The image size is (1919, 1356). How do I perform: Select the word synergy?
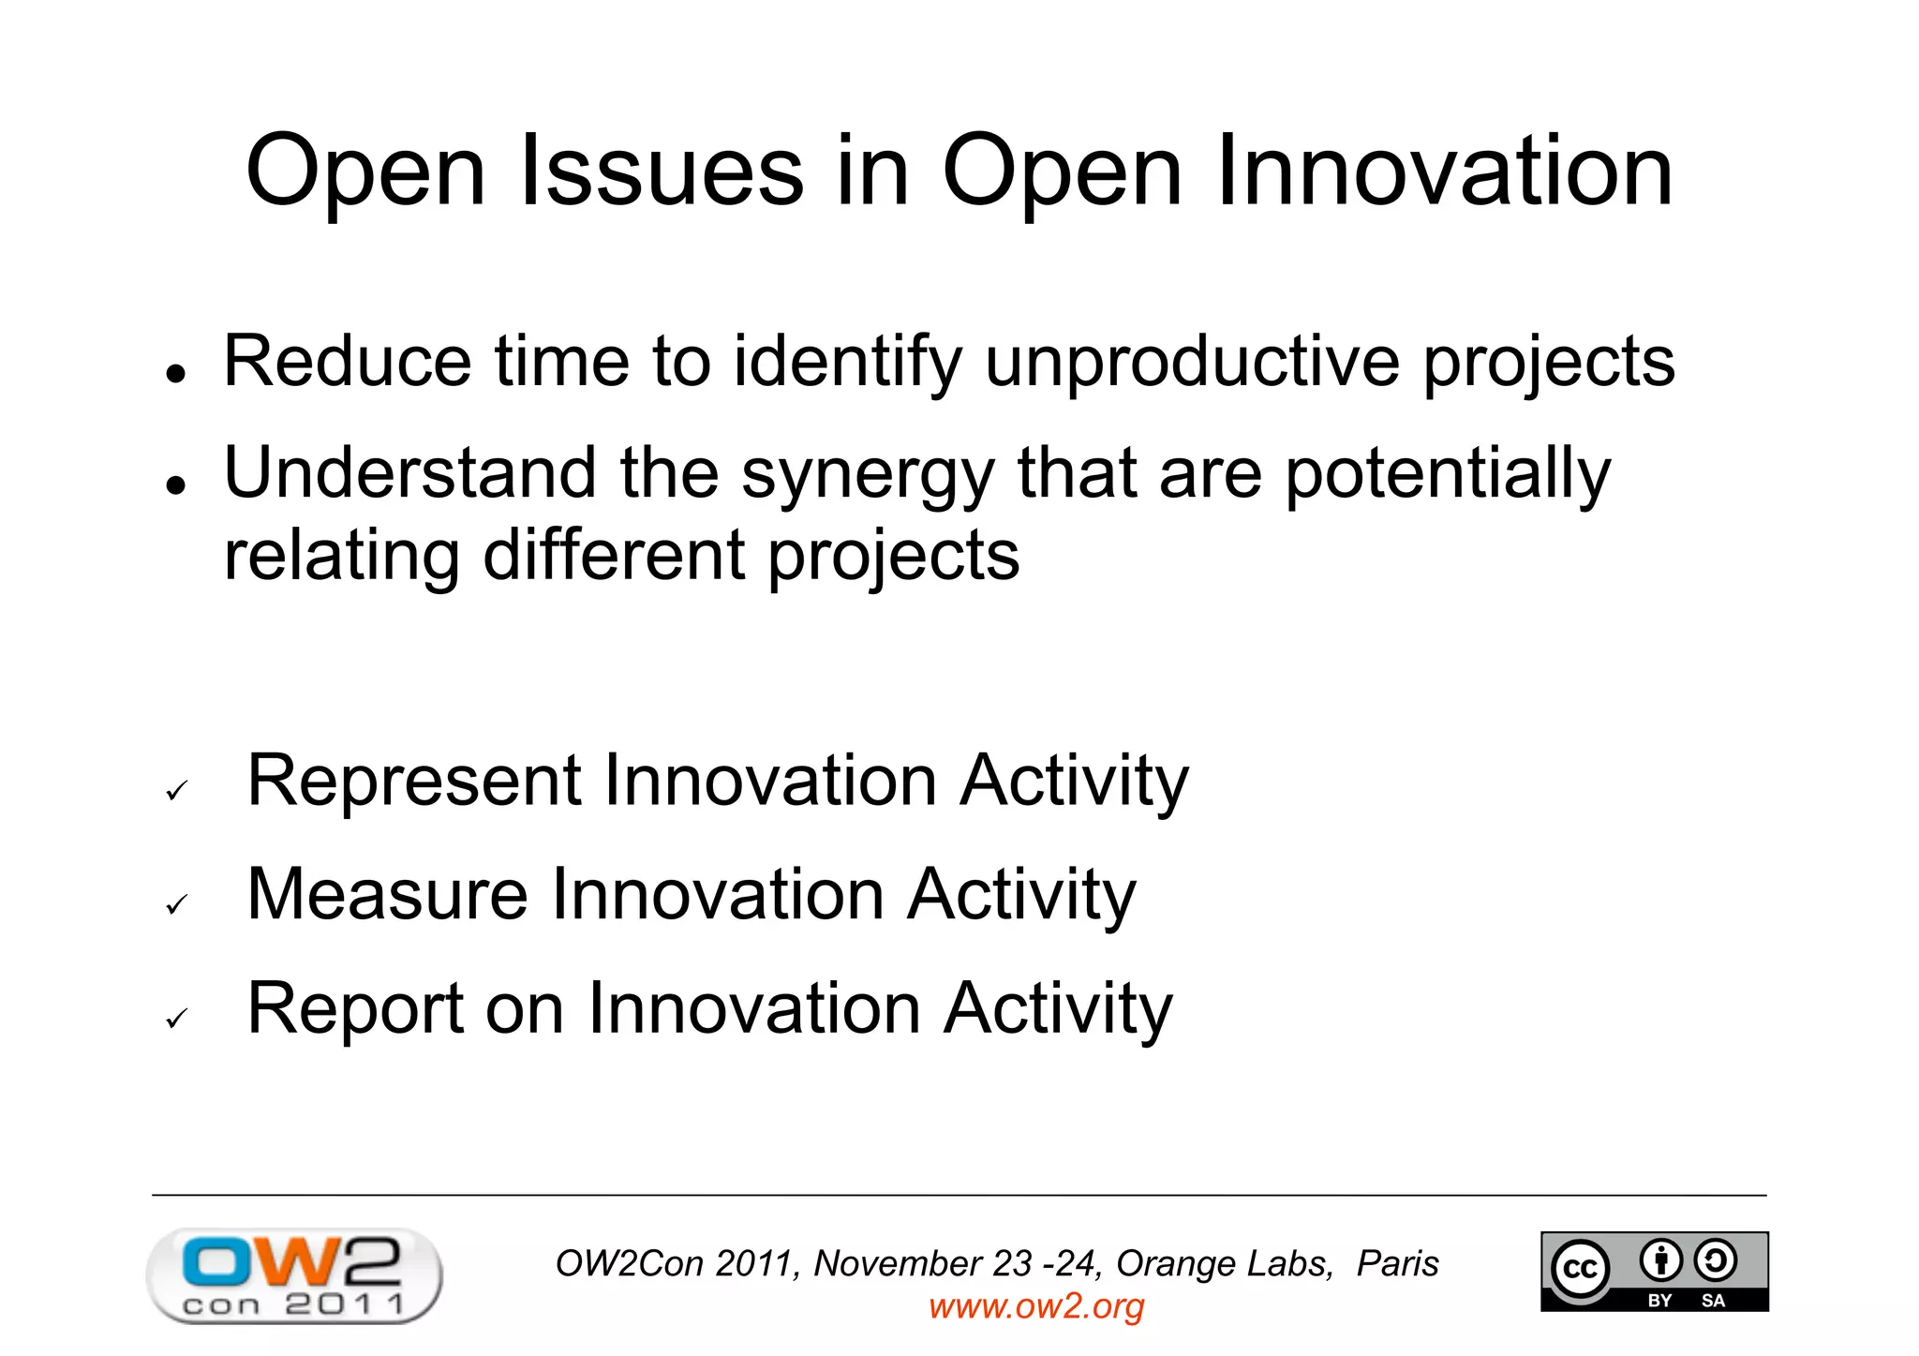868,474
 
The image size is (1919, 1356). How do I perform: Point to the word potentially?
1447,474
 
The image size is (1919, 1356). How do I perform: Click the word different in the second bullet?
613,555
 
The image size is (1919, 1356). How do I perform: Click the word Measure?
387,894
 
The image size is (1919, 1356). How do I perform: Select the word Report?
355,1008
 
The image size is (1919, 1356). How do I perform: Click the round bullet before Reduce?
175,373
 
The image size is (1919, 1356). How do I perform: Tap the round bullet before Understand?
175,485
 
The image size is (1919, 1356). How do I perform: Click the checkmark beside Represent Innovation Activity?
176,791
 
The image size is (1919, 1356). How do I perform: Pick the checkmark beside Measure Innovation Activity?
176,904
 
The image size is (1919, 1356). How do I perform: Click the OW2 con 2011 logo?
294,1274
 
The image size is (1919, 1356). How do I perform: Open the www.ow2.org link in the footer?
1036,1306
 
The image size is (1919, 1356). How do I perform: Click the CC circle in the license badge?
1581,1268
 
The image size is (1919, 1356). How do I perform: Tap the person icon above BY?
1660,1260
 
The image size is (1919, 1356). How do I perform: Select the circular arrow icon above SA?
1716,1260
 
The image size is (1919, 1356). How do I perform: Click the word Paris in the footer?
1397,1263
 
